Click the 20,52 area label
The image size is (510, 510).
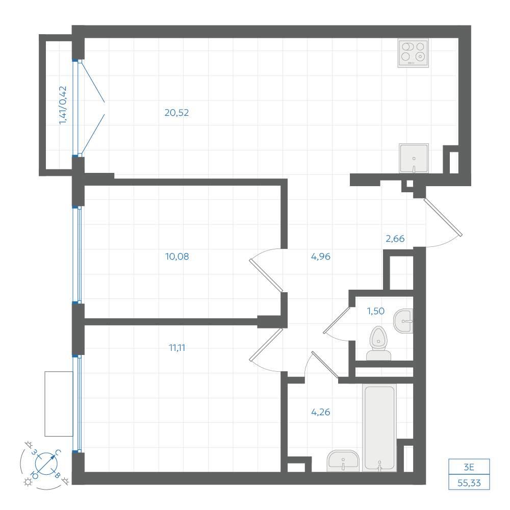click(x=176, y=113)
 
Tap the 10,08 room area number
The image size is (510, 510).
click(x=177, y=257)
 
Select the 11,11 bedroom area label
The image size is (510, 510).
click(x=177, y=348)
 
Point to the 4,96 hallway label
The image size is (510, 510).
click(x=321, y=257)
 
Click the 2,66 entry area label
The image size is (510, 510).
click(x=395, y=239)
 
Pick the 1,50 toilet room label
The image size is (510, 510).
click(x=376, y=311)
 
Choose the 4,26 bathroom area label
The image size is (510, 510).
click(x=321, y=412)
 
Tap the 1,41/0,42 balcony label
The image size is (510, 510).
click(x=63, y=105)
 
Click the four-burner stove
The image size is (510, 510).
click(x=413, y=53)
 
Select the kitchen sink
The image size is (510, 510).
click(x=414, y=158)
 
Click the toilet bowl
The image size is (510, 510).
click(x=378, y=343)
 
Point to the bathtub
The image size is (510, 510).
click(x=379, y=428)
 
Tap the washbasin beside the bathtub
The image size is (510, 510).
click(x=343, y=461)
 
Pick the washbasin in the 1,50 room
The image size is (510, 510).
click(x=403, y=321)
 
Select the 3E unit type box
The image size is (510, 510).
click(x=469, y=467)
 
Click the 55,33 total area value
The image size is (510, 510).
click(x=469, y=482)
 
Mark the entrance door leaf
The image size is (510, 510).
click(x=443, y=217)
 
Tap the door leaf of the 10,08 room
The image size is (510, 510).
click(x=266, y=275)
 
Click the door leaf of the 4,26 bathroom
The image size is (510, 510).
click(x=325, y=365)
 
